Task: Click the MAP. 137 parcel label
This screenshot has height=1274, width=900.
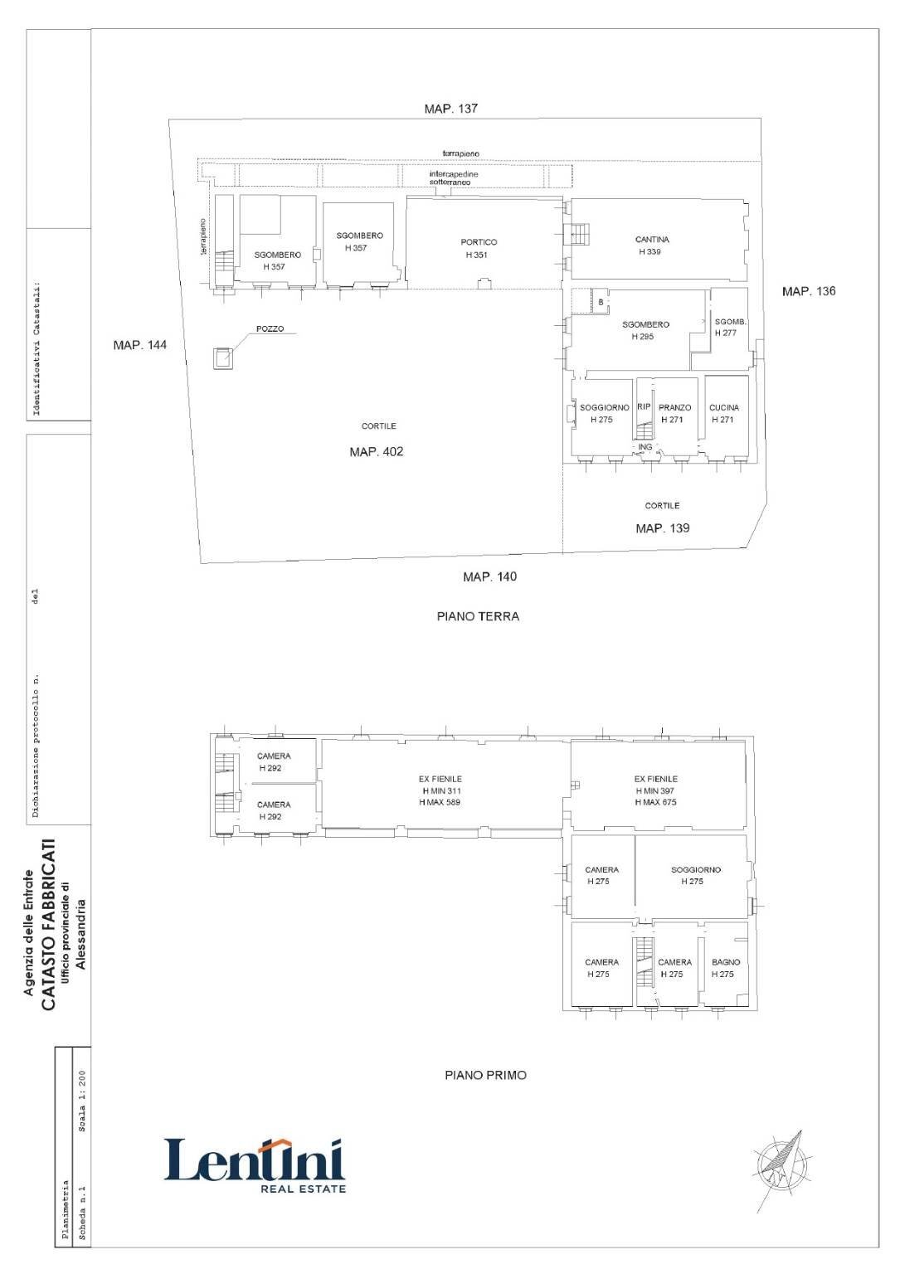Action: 450,108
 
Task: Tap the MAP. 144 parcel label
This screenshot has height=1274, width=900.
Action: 140,345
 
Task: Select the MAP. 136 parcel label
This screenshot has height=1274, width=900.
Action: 809,291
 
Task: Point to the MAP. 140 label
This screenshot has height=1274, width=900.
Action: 490,576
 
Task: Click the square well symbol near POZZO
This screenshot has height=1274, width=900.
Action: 223,358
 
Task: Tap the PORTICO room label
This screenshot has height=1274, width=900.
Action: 479,242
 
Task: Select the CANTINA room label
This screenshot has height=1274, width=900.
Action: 652,240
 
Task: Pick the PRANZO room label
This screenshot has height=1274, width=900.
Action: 674,408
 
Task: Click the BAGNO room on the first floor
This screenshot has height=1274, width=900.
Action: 726,971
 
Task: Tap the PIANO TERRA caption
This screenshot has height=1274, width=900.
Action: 478,616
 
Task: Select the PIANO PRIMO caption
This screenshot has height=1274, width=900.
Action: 485,1076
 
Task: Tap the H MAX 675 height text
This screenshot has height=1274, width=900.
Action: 655,803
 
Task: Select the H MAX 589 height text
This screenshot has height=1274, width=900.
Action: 440,803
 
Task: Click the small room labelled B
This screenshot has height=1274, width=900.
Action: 601,301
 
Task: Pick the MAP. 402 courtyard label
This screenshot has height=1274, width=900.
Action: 376,451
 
